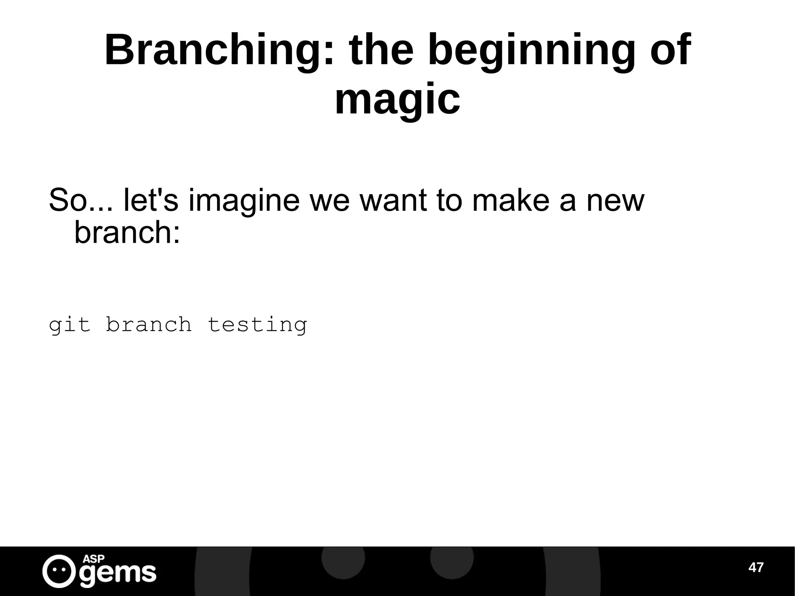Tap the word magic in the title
click(397, 100)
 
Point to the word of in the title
click(670, 50)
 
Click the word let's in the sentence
click(151, 200)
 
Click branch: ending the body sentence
click(127, 233)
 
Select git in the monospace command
click(69, 325)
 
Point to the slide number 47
click(756, 568)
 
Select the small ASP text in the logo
click(94, 559)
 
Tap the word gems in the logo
click(118, 573)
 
